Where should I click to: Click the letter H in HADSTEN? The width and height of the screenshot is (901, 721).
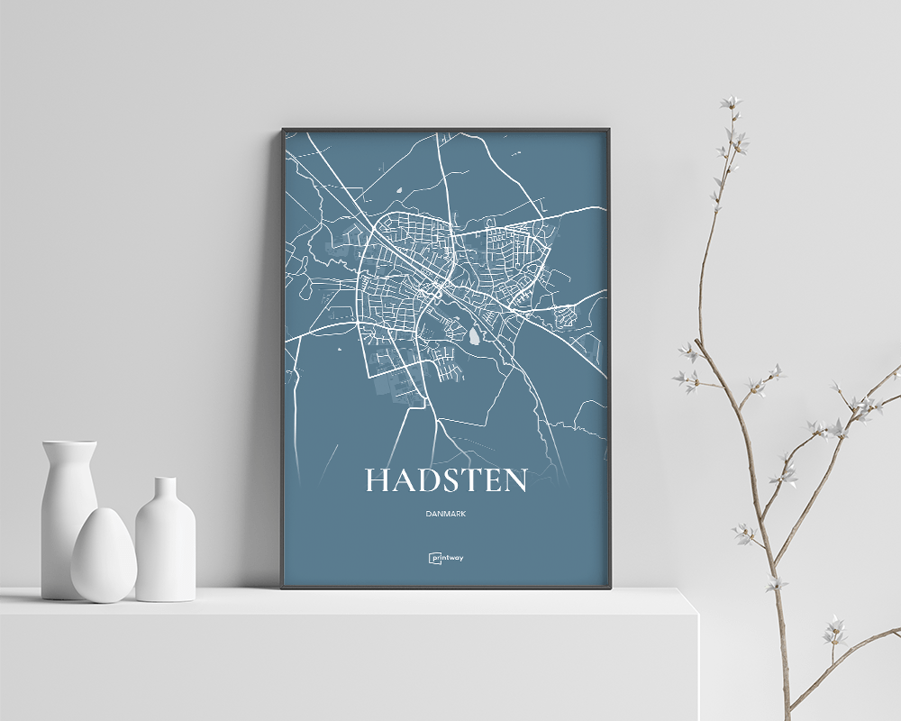(378, 480)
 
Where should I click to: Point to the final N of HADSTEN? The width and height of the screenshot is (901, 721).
(514, 480)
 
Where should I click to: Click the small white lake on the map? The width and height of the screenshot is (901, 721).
(474, 337)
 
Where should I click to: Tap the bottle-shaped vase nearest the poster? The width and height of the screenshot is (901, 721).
(165, 541)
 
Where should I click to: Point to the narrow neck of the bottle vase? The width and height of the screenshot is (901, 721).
(165, 491)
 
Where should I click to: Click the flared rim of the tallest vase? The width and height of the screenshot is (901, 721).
(69, 444)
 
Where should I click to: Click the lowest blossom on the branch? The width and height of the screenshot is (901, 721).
(834, 631)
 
